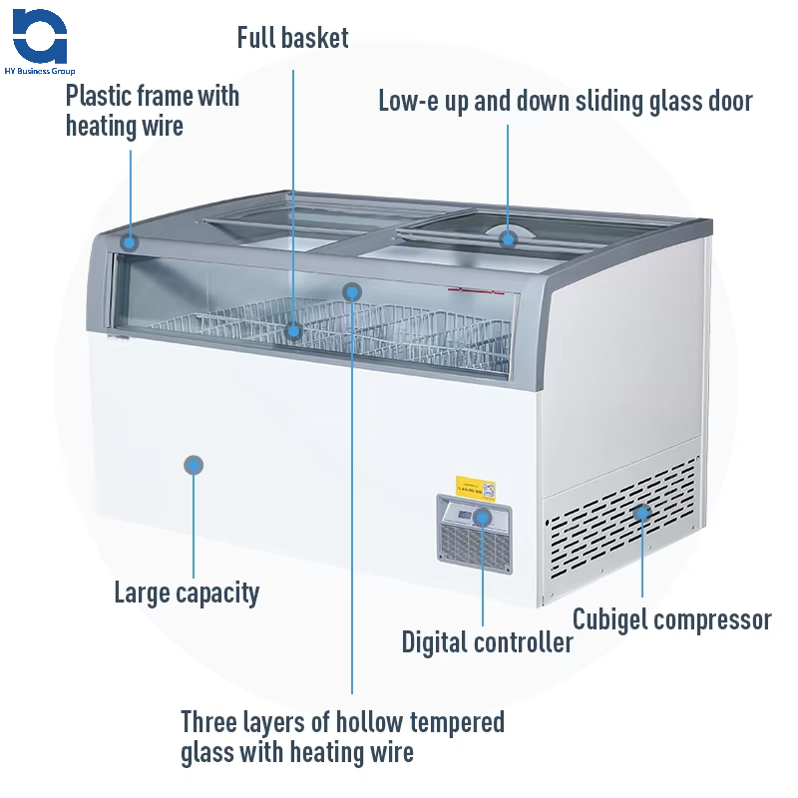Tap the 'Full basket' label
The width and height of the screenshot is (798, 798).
click(x=292, y=39)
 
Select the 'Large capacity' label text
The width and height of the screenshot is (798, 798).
click(x=187, y=593)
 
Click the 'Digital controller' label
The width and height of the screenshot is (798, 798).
click(x=487, y=641)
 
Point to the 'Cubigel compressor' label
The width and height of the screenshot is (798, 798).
click(x=671, y=619)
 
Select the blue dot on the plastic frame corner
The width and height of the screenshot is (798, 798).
click(x=129, y=241)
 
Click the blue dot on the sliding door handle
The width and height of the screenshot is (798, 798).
click(x=508, y=237)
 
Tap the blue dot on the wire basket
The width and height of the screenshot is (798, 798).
click(x=293, y=330)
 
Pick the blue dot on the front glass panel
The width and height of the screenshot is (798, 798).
click(x=351, y=291)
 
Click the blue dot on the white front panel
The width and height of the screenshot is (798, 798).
click(x=194, y=464)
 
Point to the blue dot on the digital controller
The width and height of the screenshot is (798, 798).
click(x=483, y=517)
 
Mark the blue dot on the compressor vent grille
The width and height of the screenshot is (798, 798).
click(x=642, y=513)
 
